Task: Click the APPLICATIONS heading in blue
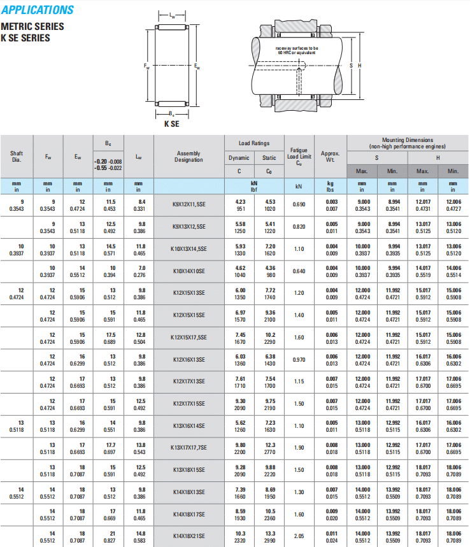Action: pos(38,10)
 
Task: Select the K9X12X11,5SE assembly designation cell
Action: pos(189,204)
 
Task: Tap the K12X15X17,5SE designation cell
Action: pos(189,337)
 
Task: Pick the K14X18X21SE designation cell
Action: pos(189,536)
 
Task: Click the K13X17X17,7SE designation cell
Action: pos(189,448)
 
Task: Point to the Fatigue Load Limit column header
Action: pos(299,157)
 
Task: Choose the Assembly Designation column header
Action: pos(189,157)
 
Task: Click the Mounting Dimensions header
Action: pos(408,143)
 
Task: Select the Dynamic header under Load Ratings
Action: pos(239,158)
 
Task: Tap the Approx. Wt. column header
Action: pos(331,157)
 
